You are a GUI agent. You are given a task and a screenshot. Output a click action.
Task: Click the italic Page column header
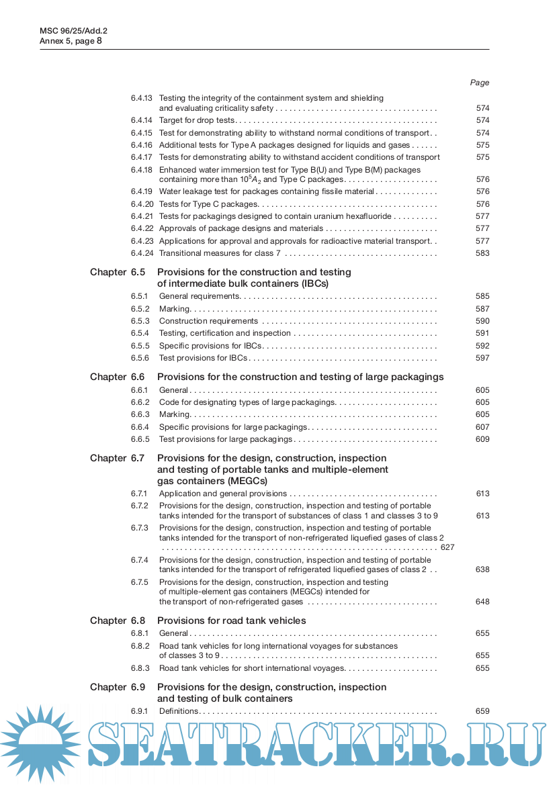click(480, 83)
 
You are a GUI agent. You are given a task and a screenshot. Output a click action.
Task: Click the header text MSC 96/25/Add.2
click(74, 30)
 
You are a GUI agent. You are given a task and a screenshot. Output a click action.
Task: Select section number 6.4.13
click(142, 98)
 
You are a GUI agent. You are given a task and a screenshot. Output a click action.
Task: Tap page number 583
click(482, 253)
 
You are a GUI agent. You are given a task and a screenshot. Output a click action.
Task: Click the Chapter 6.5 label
click(118, 273)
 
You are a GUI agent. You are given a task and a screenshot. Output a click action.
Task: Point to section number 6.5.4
click(140, 333)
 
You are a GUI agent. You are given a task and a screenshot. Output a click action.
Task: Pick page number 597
click(482, 358)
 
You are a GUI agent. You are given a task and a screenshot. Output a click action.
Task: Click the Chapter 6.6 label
click(118, 377)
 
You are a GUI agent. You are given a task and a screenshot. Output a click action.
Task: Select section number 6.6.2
click(140, 402)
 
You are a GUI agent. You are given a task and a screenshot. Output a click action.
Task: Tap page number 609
click(482, 439)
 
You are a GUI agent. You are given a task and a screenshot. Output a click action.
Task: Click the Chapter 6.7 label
click(118, 458)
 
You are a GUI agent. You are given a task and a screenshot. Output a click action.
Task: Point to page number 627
click(447, 547)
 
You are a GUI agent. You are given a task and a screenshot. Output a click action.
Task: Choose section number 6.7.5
click(140, 582)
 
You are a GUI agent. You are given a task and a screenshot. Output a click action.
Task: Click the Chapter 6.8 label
click(118, 620)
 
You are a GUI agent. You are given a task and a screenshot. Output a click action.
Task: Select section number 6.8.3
click(140, 668)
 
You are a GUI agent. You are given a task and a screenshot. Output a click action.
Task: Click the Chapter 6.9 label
click(118, 687)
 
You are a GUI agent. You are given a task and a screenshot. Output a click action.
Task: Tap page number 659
click(482, 711)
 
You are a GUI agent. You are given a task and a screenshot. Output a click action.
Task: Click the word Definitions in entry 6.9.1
click(178, 711)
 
